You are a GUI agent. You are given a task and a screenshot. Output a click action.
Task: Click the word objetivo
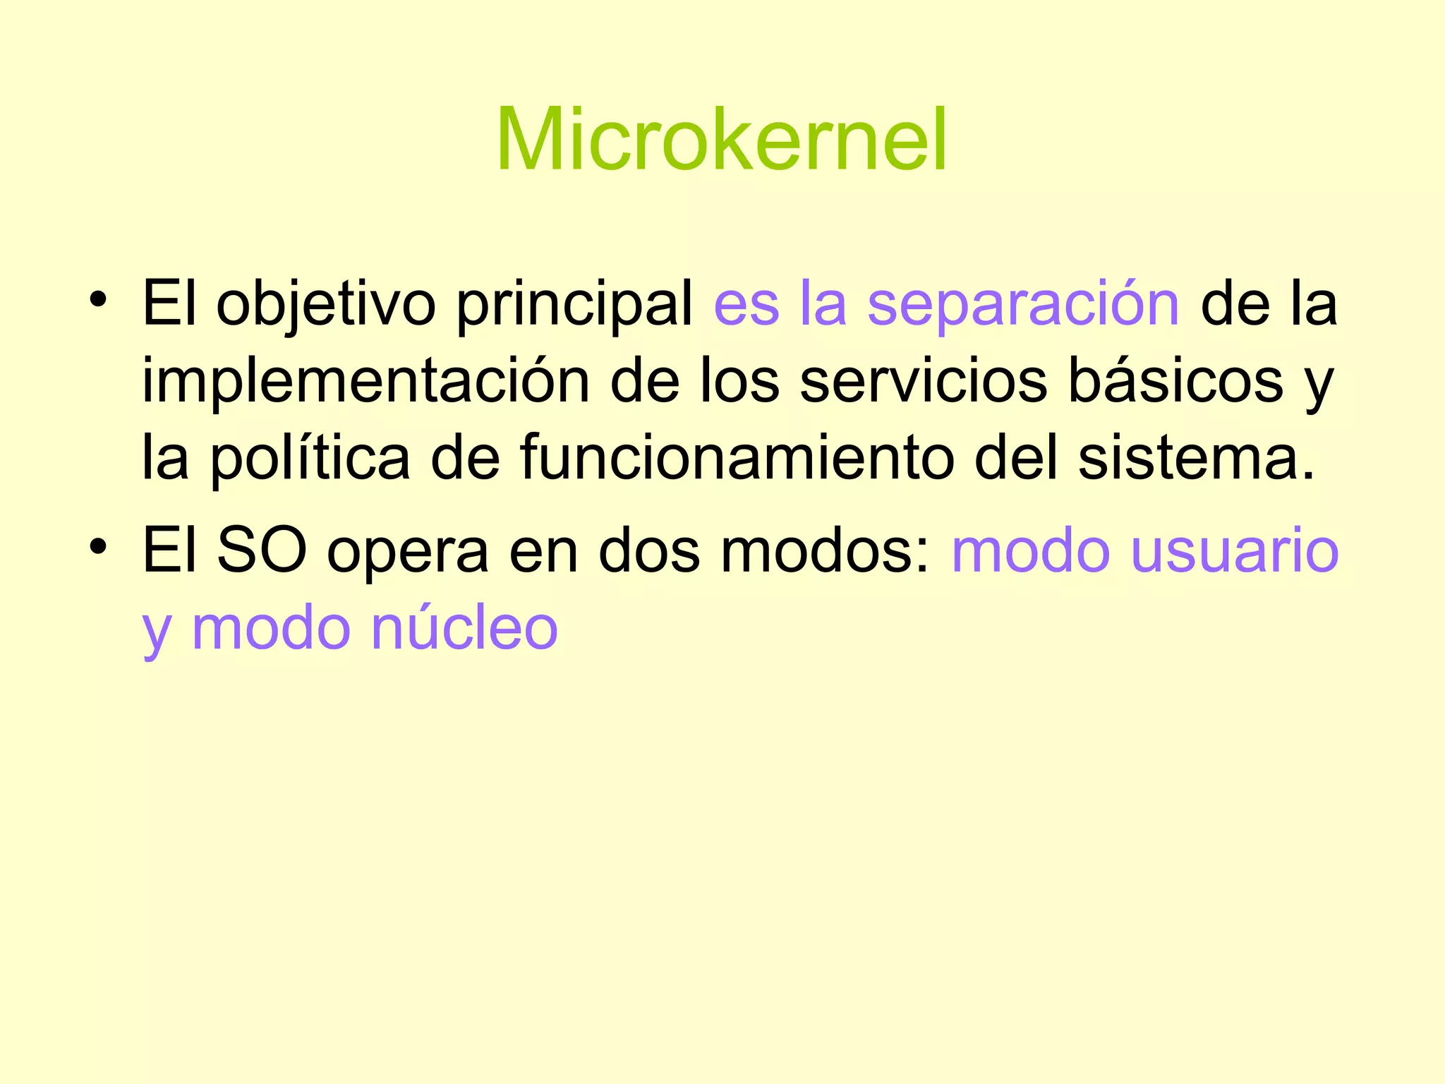(x=325, y=305)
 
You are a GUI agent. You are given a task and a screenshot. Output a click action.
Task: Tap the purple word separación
(x=1023, y=305)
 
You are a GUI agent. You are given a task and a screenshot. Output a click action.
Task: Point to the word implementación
(x=365, y=382)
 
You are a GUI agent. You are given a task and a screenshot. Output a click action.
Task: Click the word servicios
(x=923, y=382)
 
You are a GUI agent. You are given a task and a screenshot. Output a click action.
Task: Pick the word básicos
(x=1175, y=382)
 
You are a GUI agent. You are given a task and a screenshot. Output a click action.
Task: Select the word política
(x=310, y=459)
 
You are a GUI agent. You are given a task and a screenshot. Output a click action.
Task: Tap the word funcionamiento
(x=737, y=459)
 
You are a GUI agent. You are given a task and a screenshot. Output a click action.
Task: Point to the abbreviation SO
(x=262, y=551)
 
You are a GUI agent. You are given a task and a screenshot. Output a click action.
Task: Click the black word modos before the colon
(x=825, y=551)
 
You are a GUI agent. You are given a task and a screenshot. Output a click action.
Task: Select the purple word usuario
(x=1235, y=551)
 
